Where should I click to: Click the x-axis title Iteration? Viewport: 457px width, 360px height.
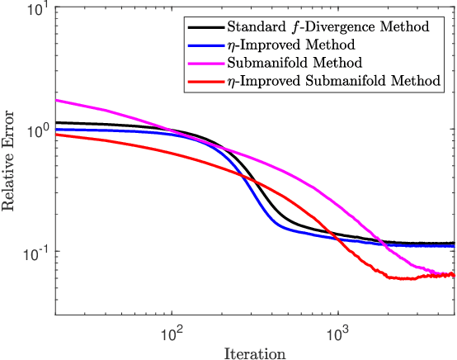[x=254, y=353]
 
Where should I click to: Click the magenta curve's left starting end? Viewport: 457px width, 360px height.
[x=55, y=100]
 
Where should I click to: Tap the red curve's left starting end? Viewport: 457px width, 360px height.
[x=55, y=134]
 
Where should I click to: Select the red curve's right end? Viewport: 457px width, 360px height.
[x=453, y=275]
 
